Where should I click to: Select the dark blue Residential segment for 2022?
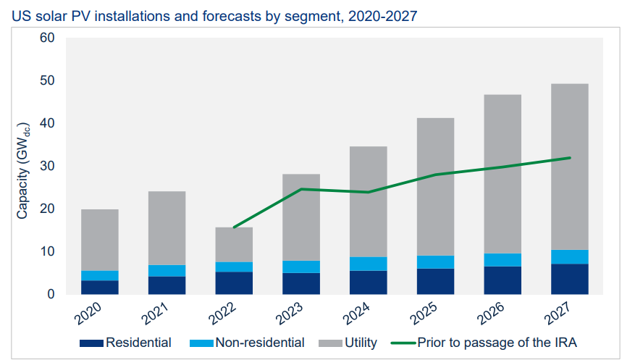(234, 282)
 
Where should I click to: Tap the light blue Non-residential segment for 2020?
(100, 275)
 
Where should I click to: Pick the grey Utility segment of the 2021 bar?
(167, 227)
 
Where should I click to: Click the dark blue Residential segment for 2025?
(435, 281)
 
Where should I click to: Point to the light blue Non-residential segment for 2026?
(503, 259)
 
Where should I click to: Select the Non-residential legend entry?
(260, 342)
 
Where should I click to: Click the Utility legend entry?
(360, 342)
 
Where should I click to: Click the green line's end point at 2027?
(571, 158)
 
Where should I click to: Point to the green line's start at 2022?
(234, 227)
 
